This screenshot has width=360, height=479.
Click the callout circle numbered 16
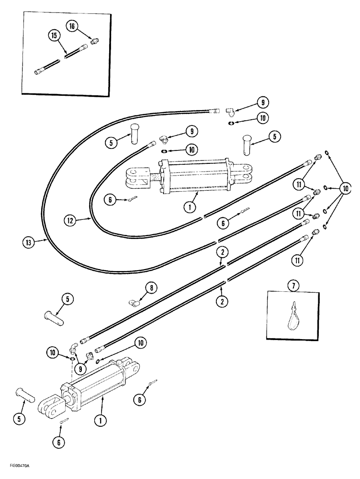click(x=72, y=27)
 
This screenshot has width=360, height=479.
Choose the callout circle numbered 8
click(x=151, y=287)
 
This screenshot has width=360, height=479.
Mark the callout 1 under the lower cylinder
click(x=100, y=422)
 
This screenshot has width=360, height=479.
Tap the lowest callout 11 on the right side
click(x=298, y=261)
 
